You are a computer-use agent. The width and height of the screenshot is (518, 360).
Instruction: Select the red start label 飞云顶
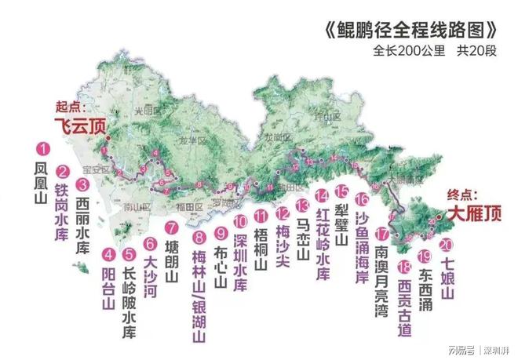(x=79, y=125)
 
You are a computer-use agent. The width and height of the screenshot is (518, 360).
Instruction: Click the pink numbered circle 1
(x=43, y=147)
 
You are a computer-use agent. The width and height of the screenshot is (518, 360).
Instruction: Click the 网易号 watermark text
(x=458, y=349)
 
